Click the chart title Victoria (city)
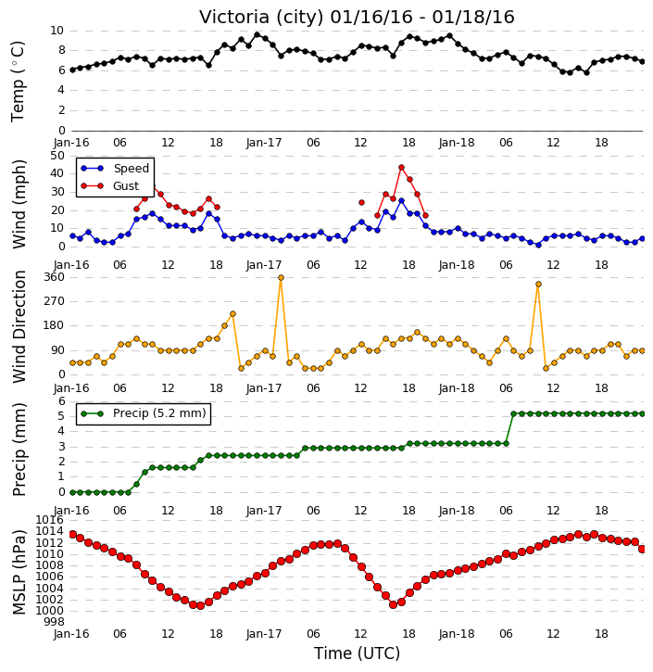coord(261,18)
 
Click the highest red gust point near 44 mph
coord(401,168)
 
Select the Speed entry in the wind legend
coord(131,169)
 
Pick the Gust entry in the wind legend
coord(126,186)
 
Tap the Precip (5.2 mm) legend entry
coord(159,413)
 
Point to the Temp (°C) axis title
coord(18,82)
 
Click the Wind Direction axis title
coord(19,326)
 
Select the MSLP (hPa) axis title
coord(19,572)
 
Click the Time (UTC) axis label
coord(357,653)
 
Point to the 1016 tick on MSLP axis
coord(51,520)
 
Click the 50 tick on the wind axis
coord(57,155)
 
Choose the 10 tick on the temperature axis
coord(57,31)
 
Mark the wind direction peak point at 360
coord(281,278)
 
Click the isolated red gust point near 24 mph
coord(361,202)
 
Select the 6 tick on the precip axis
coord(62,401)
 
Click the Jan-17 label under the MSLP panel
coord(264,633)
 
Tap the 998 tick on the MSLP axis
coord(55,622)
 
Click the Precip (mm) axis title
coord(19,450)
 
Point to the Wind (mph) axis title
coord(19,204)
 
